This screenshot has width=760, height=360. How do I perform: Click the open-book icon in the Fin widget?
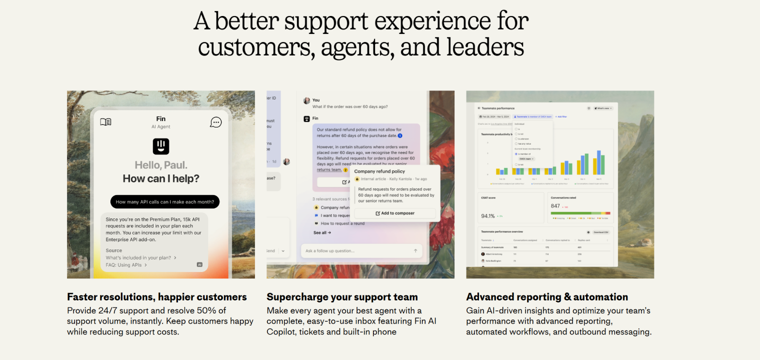tap(105, 122)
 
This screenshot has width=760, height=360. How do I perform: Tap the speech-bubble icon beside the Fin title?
tap(215, 122)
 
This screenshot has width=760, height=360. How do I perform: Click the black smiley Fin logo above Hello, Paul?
tap(161, 146)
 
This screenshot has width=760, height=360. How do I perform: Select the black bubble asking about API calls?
tap(165, 202)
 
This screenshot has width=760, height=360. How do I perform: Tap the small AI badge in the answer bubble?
tap(199, 264)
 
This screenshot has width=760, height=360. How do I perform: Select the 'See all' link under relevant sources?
tap(322, 232)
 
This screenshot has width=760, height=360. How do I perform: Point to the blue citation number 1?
tap(400, 135)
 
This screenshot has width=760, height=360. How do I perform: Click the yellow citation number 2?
tap(345, 170)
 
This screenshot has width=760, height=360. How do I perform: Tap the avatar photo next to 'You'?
tap(306, 100)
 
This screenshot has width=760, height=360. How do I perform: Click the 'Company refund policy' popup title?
tap(379, 171)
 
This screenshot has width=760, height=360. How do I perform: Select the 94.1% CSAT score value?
tap(488, 216)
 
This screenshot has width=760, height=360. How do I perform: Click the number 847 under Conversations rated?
tap(555, 206)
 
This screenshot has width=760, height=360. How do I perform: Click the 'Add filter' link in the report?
tap(562, 116)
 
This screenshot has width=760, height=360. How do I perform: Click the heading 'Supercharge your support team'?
tap(342, 297)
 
